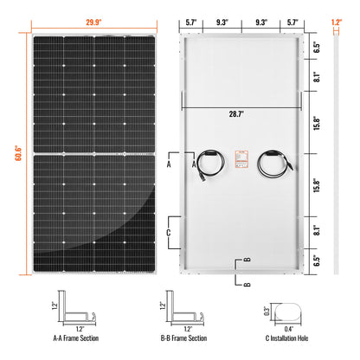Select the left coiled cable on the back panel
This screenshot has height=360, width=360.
(x=209, y=162)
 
